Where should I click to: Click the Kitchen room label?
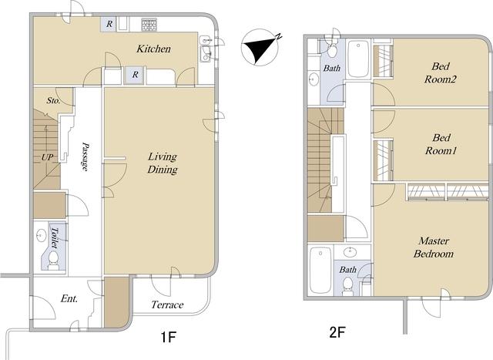[153, 49]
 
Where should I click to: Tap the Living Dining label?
[163, 163]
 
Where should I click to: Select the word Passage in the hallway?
[85, 156]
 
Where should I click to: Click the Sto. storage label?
[53, 100]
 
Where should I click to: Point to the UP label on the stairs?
[47, 157]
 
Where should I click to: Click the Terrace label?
[167, 304]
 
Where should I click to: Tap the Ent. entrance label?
[69, 298]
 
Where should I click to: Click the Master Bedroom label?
[434, 247]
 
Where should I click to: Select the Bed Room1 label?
[441, 144]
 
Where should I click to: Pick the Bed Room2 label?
[440, 72]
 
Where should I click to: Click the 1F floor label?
[168, 338]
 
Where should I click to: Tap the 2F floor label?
[337, 332]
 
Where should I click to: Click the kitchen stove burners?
[149, 25]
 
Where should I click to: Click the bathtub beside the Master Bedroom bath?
[320, 271]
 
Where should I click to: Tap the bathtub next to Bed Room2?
[358, 59]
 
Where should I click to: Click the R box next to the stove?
[109, 24]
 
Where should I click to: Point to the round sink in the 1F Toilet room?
[41, 235]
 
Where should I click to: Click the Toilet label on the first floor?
[55, 237]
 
